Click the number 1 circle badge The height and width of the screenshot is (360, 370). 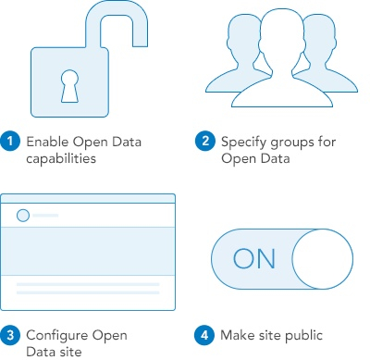tap(11, 142)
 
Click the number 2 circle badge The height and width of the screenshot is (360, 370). tap(205, 142)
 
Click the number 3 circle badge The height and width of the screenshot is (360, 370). tap(11, 334)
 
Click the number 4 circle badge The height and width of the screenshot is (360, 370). tap(205, 334)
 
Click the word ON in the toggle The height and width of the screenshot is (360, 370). tap(254, 258)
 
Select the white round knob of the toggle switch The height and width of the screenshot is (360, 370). tap(321, 258)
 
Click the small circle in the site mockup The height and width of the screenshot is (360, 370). tap(23, 216)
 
